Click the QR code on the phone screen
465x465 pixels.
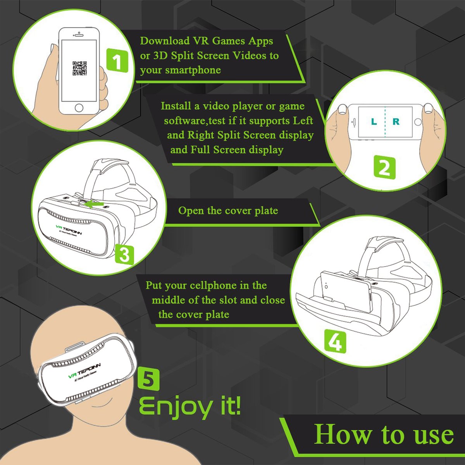pos(80,68)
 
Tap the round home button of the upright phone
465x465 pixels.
pos(79,107)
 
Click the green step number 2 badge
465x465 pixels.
pos(384,168)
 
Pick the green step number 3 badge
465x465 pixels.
pos(124,255)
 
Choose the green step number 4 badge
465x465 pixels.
pos(335,341)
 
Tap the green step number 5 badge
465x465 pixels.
pos(148,379)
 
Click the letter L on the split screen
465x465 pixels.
pos(374,122)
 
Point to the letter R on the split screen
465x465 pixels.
pos(396,122)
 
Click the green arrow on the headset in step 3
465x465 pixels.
pos(95,203)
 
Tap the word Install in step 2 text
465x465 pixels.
pos(176,106)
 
